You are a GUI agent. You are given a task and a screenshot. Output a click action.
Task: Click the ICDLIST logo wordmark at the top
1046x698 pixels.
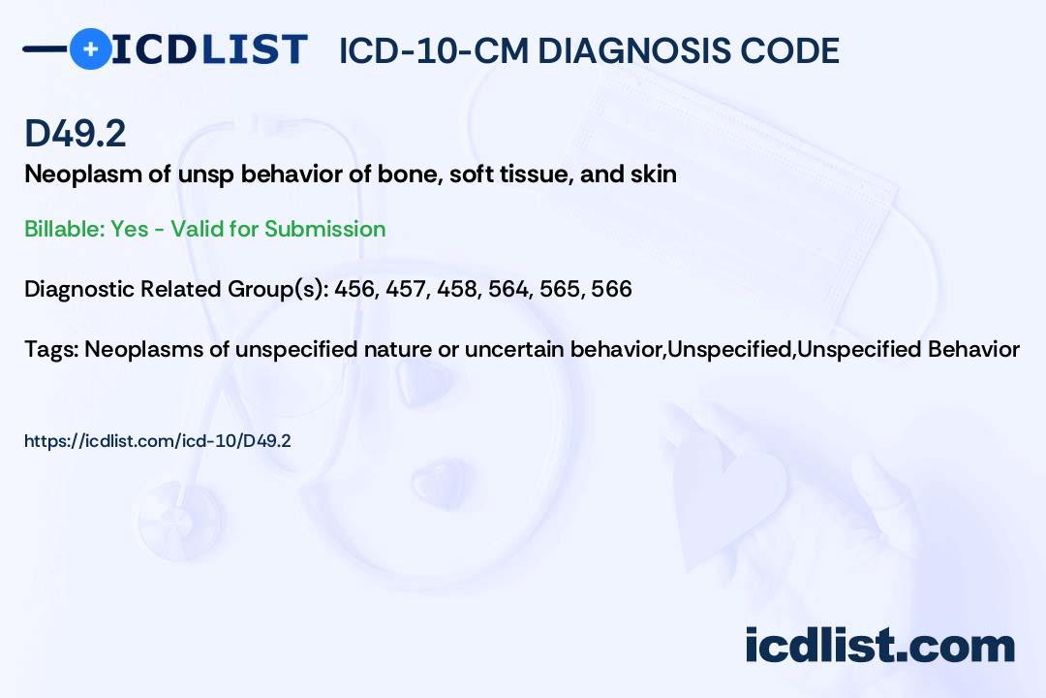[x=209, y=49]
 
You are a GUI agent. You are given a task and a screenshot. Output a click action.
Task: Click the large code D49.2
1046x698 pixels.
[x=75, y=134]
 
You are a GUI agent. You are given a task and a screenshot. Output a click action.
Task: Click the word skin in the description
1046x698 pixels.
[x=655, y=174]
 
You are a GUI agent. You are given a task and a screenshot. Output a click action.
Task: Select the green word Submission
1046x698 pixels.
[x=324, y=229]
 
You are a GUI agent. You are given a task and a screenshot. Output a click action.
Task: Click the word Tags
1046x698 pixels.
[x=49, y=348]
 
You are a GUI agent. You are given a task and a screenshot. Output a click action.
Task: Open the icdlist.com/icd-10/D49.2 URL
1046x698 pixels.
[x=158, y=441]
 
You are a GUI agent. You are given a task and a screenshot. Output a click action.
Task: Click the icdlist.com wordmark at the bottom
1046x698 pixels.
[x=879, y=645]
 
